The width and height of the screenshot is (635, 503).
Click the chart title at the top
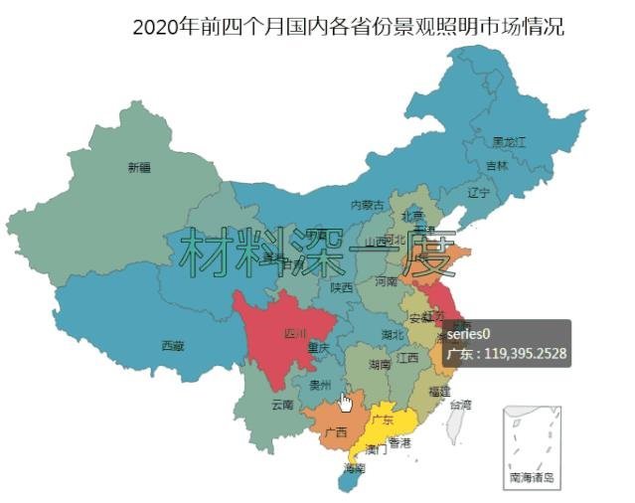point(348,27)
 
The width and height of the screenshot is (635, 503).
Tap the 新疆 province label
point(139,167)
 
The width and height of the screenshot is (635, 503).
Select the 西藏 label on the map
point(172,346)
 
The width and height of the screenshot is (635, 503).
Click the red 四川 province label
point(296,333)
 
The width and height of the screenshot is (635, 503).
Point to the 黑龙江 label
point(509,142)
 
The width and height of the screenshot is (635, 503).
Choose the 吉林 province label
point(497,165)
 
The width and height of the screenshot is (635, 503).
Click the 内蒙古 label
point(367,205)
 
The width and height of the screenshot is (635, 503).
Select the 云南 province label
point(282,405)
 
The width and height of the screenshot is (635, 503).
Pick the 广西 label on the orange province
point(336,432)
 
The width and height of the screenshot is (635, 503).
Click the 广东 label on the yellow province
point(383,419)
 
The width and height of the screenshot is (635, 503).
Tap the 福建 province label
point(438,392)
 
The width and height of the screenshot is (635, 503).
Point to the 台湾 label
point(461,405)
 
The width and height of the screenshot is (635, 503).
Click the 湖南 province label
point(379,365)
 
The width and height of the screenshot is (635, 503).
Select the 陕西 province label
point(341,287)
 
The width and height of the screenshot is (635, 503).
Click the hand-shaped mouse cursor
point(345,402)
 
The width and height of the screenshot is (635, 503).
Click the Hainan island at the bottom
point(349,479)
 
